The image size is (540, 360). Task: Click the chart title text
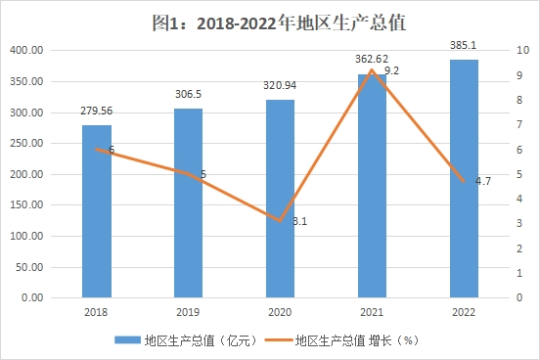point(279,22)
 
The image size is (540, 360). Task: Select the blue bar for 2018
point(97,211)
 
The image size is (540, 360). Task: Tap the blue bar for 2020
point(280,199)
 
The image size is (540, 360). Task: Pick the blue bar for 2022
point(464,178)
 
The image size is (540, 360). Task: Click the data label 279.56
point(97,111)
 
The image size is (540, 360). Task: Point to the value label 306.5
point(188,94)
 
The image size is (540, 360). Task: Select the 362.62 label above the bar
point(372,59)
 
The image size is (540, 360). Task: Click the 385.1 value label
point(463,45)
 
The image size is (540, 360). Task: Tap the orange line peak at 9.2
point(372,70)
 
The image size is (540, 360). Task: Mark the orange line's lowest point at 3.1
point(280,221)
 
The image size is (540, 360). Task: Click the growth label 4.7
point(483,181)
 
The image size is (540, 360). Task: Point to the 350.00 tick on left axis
point(26,81)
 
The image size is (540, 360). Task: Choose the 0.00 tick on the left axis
point(32,297)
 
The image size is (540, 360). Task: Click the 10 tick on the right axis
point(522,50)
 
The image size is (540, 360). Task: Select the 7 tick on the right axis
point(519,124)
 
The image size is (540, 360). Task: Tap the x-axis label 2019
point(188,312)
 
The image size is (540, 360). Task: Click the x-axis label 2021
point(372,312)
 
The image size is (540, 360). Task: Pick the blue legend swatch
point(127,340)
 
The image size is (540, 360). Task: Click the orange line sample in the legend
point(278,340)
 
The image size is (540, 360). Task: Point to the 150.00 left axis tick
point(26,205)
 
